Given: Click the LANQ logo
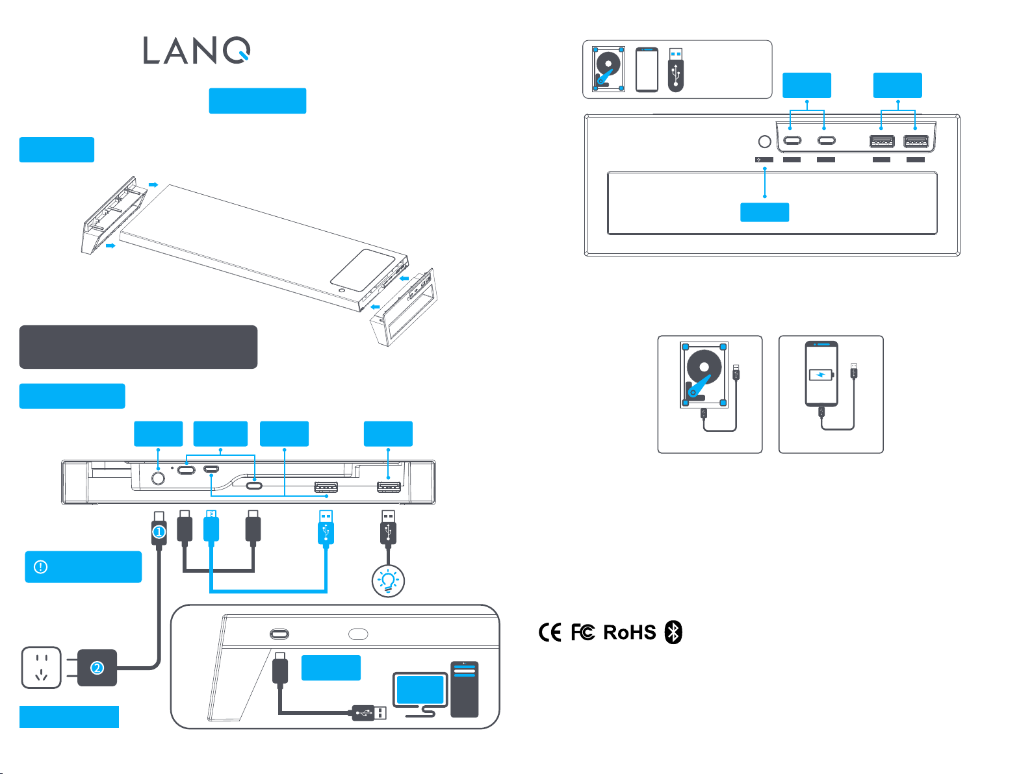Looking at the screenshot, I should pyautogui.click(x=196, y=51).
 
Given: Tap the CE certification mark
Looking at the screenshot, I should pyautogui.click(x=550, y=632).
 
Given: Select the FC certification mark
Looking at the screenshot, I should pyautogui.click(x=583, y=632).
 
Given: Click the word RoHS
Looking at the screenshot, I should pyautogui.click(x=629, y=632).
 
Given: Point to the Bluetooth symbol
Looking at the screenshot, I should pyautogui.click(x=673, y=632).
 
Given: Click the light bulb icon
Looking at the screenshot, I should pyautogui.click(x=388, y=580).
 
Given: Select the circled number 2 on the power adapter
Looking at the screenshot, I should pyautogui.click(x=97, y=668).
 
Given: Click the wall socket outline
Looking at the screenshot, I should pyautogui.click(x=42, y=668).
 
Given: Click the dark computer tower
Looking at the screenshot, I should pyautogui.click(x=464, y=689).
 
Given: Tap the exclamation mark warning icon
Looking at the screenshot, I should pyautogui.click(x=40, y=567).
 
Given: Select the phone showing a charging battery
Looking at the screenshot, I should pyautogui.click(x=821, y=374).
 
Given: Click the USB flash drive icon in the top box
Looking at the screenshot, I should pyautogui.click(x=676, y=69).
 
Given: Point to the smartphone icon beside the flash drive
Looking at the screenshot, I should pyautogui.click(x=647, y=69).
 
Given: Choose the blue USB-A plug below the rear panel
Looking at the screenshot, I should pyautogui.click(x=326, y=527).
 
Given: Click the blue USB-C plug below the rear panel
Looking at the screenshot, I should pyautogui.click(x=211, y=526).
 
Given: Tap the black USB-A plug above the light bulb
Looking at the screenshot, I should pyautogui.click(x=388, y=527).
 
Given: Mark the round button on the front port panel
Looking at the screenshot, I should pyautogui.click(x=765, y=142).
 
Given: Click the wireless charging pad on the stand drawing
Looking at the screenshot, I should pyautogui.click(x=362, y=269).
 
